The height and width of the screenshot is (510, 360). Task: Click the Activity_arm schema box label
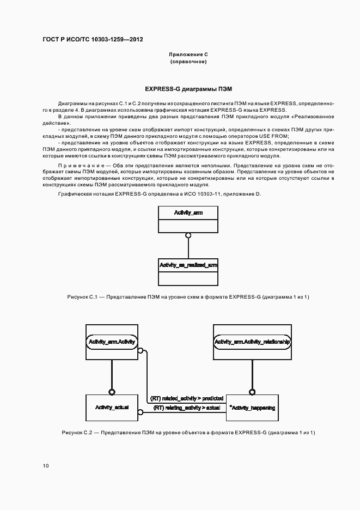(x=188, y=212)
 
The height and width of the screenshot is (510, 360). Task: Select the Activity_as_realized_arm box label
(x=188, y=264)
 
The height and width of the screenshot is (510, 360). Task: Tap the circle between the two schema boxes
(x=188, y=235)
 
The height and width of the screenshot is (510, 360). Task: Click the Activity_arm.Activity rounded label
(x=112, y=342)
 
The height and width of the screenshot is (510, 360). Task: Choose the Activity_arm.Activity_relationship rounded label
(x=252, y=342)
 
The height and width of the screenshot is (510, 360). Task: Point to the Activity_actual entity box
(x=112, y=408)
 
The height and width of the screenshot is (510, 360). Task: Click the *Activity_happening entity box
(x=252, y=408)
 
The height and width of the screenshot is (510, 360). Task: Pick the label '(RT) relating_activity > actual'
(x=187, y=408)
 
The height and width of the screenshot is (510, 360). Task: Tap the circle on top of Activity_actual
(x=112, y=391)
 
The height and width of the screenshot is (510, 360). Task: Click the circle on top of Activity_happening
(x=252, y=391)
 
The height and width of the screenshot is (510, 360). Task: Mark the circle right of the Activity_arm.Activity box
(x=141, y=351)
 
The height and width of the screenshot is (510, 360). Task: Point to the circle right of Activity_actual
(x=141, y=412)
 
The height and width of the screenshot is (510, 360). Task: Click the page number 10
(x=45, y=465)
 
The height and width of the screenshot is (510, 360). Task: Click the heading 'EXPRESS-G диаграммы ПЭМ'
(x=188, y=88)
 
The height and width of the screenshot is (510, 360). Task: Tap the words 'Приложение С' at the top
(x=188, y=55)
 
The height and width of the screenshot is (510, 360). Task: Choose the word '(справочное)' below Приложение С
(x=188, y=62)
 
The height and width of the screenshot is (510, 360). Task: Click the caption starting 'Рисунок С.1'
(x=188, y=296)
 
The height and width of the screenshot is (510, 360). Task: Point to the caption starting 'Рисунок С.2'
(x=188, y=432)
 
